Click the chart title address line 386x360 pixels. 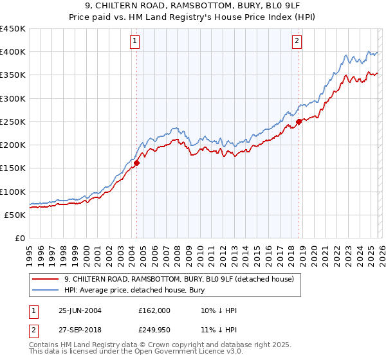click(x=192, y=6)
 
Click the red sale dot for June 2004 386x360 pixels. click(x=137, y=163)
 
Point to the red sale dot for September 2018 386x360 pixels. click(x=299, y=122)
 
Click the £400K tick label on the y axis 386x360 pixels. click(x=13, y=52)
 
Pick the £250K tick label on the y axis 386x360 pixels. click(x=13, y=122)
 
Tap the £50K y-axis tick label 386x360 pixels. click(x=15, y=215)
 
